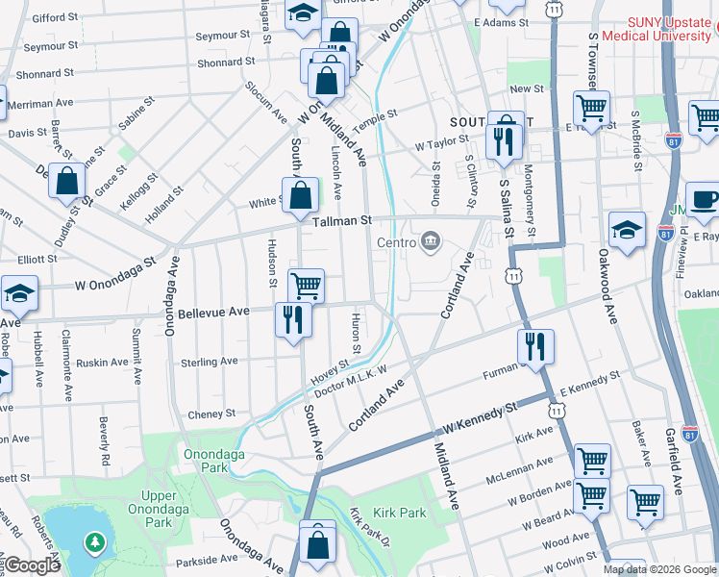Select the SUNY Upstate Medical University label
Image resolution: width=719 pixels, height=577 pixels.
click(x=654, y=29)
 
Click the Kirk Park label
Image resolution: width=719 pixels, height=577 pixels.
click(x=400, y=513)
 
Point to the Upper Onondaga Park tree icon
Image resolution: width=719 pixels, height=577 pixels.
click(x=94, y=543)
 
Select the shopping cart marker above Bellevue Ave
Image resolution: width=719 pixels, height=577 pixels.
click(x=306, y=285)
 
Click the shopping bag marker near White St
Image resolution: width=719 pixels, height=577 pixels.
click(x=301, y=195)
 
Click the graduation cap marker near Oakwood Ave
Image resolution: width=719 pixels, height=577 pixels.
click(x=627, y=231)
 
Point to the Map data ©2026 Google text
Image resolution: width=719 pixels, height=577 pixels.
click(x=659, y=569)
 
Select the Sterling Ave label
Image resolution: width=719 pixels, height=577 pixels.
click(x=210, y=361)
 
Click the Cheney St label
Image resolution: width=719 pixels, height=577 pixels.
click(x=211, y=414)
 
